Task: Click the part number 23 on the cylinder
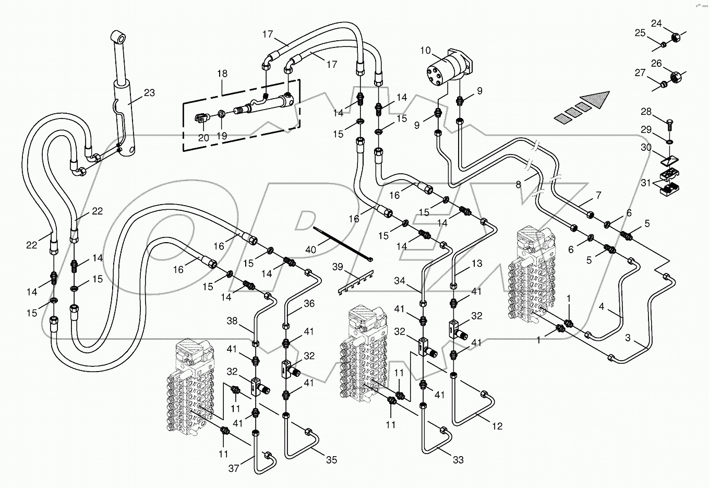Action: (149, 93)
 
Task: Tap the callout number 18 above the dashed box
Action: (222, 74)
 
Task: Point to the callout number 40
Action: (310, 249)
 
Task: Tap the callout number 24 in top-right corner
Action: (656, 23)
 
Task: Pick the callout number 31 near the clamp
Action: (646, 183)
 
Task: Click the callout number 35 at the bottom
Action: (332, 460)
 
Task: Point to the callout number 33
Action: (458, 460)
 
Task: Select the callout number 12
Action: (498, 426)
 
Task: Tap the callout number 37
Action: (234, 468)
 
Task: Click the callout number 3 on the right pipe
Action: (628, 338)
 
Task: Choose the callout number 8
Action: (518, 184)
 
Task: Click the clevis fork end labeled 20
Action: (203, 120)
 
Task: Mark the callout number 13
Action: (477, 264)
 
